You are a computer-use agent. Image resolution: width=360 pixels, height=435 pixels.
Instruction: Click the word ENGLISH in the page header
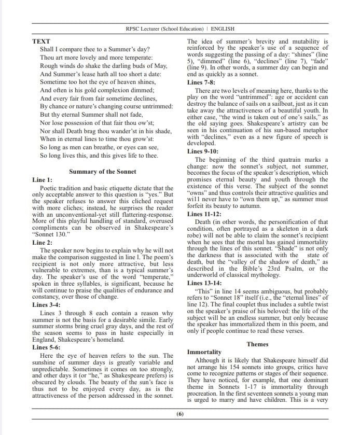[x=222, y=29]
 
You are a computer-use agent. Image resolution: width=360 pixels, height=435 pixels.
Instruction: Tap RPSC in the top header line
[x=134, y=29]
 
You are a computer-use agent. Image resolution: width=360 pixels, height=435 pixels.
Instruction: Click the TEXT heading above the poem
[x=41, y=40]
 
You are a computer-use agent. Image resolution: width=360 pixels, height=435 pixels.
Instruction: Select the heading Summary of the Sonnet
[x=103, y=172]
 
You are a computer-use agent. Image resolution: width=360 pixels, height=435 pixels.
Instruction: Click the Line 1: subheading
[x=42, y=180]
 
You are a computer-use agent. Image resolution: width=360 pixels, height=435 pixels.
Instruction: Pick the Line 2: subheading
[x=42, y=242]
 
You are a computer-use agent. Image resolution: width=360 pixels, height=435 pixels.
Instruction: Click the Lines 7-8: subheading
[x=201, y=82]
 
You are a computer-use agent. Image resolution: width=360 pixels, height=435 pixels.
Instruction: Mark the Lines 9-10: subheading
[x=203, y=151]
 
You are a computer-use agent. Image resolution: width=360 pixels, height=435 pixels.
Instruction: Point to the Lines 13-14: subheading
[x=204, y=283]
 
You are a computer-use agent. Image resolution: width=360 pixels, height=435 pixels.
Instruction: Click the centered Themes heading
[x=257, y=344]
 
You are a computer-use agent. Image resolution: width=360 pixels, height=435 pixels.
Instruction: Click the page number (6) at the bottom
[x=180, y=414]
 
